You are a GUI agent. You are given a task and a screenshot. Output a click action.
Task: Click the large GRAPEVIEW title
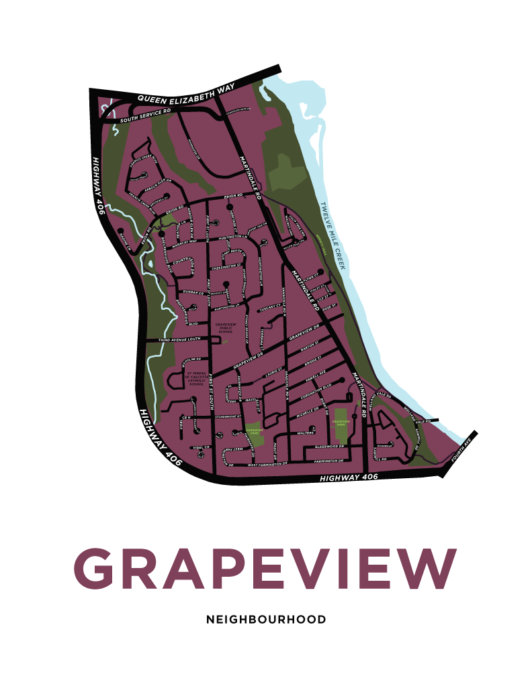265,566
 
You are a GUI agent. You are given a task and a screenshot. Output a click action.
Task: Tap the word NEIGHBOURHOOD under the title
266,619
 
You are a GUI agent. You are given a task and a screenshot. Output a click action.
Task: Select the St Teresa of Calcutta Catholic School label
196,380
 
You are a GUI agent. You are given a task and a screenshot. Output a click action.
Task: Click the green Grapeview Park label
341,422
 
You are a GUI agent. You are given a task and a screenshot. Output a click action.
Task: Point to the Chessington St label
226,267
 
